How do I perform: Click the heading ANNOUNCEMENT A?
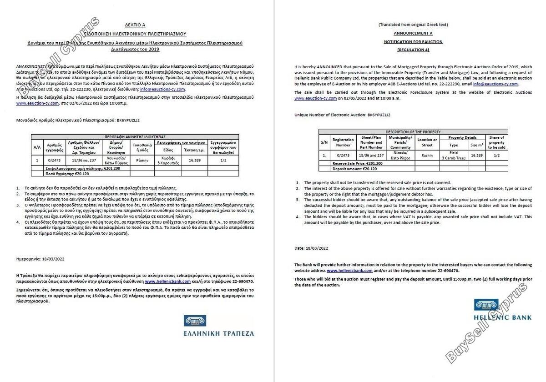[x=413, y=33]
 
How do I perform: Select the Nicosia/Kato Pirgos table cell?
[x=400, y=155]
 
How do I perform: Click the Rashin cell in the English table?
[x=427, y=155]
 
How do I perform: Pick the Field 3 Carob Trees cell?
[x=454, y=155]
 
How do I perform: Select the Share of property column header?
[x=496, y=142]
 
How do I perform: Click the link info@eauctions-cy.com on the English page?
[x=495, y=84]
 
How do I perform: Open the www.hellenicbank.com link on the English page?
[x=349, y=270]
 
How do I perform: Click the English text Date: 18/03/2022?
[x=311, y=248]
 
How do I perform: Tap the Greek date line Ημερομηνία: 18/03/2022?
[x=40, y=259]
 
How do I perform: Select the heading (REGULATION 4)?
[x=413, y=50]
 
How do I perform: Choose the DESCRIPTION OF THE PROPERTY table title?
[x=413, y=132]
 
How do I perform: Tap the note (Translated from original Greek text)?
[x=413, y=25]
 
